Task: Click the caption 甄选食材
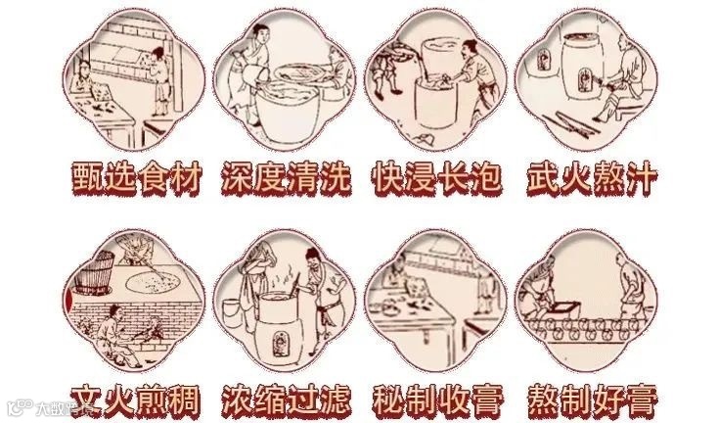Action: (x=136, y=178)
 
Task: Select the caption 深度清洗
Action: (x=287, y=178)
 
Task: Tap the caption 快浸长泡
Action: (x=437, y=178)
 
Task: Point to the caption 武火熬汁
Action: (x=591, y=178)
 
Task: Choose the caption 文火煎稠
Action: (x=136, y=400)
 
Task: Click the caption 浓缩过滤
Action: (x=287, y=400)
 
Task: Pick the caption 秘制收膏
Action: (x=438, y=400)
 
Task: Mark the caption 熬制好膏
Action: (x=592, y=400)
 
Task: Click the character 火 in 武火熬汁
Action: (x=575, y=178)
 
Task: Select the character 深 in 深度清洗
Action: (x=237, y=178)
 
